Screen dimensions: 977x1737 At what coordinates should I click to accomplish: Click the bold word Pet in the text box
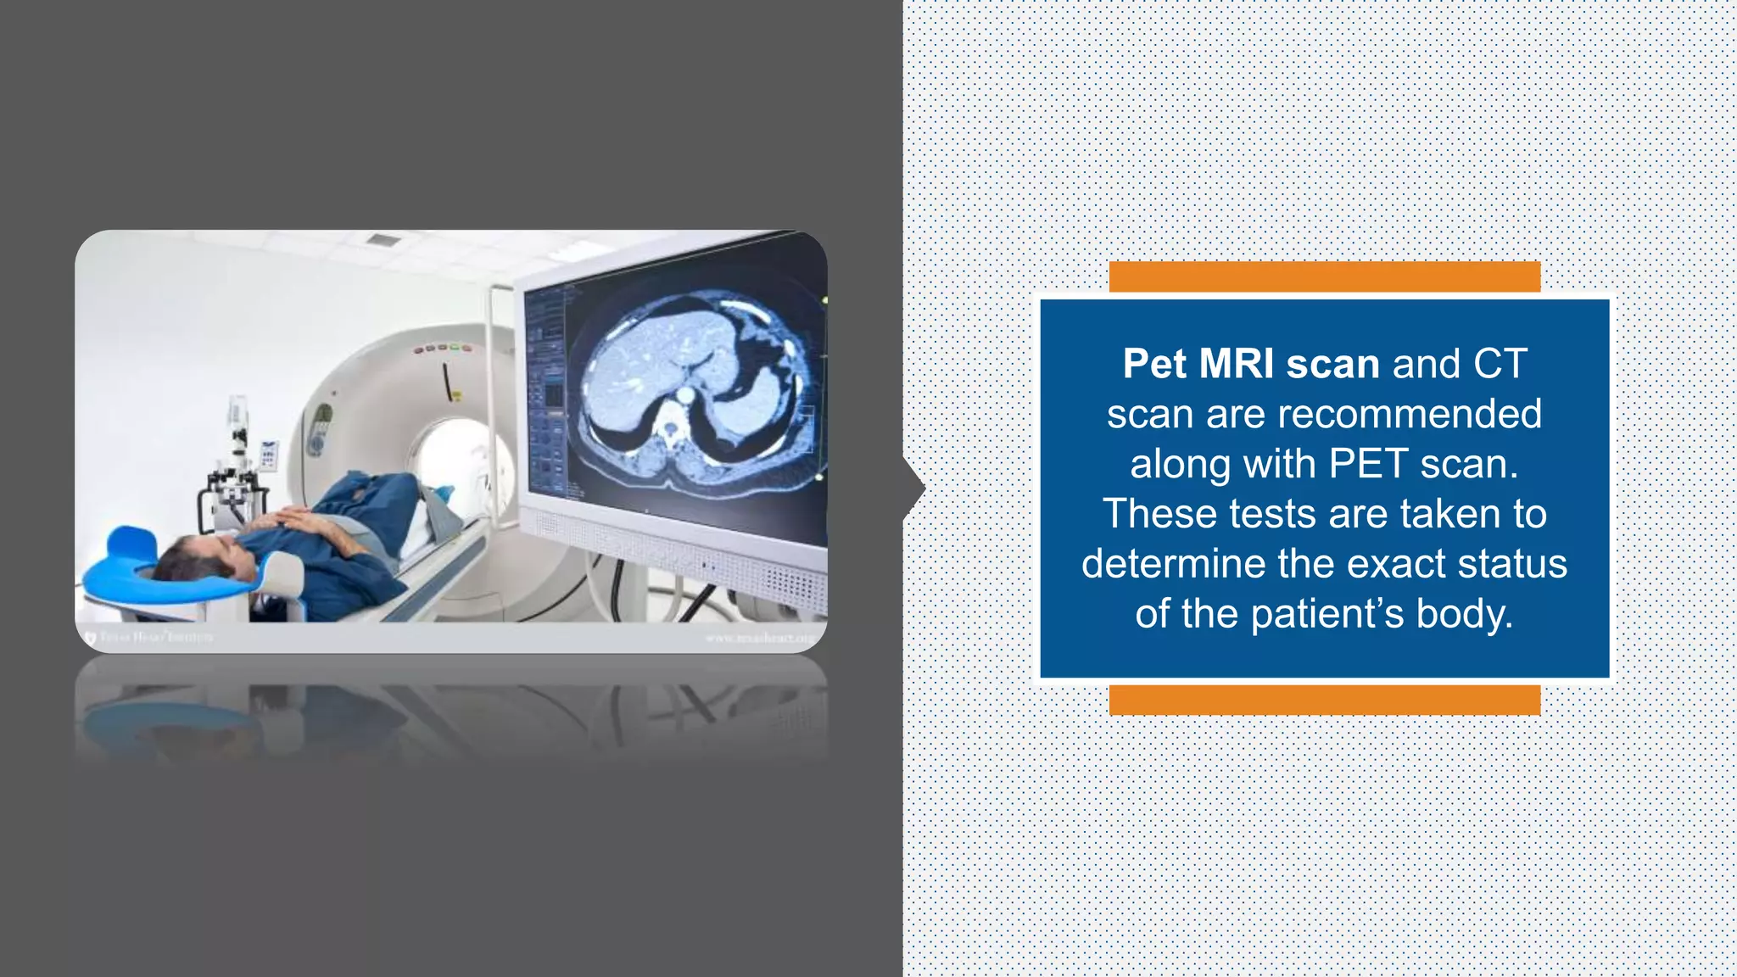click(1154, 364)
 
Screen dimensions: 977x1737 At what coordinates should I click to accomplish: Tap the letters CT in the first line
click(1500, 364)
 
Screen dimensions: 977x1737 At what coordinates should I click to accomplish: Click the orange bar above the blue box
click(1324, 276)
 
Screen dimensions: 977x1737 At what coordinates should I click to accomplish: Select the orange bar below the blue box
click(1324, 700)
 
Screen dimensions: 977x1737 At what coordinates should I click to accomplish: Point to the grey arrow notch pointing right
click(915, 488)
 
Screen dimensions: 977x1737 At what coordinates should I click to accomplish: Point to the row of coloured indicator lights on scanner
click(442, 348)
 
